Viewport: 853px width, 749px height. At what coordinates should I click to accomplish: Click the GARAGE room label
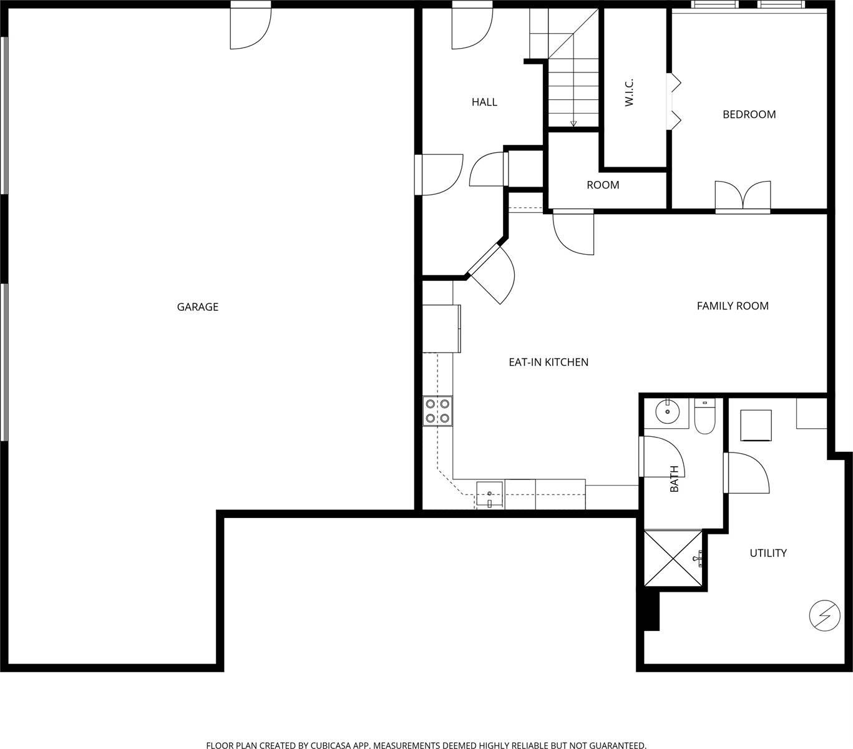pyautogui.click(x=197, y=306)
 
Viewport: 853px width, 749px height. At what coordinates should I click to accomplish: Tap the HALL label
pyautogui.click(x=484, y=102)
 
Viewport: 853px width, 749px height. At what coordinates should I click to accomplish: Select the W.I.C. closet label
pyautogui.click(x=629, y=92)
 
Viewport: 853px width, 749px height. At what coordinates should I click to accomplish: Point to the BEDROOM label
pyautogui.click(x=749, y=114)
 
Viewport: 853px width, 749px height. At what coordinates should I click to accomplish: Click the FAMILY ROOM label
pyautogui.click(x=732, y=306)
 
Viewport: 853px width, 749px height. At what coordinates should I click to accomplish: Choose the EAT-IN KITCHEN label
pyautogui.click(x=548, y=362)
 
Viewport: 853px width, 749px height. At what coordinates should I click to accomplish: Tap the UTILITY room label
pyautogui.click(x=768, y=553)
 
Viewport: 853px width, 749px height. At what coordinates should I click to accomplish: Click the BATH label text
pyautogui.click(x=674, y=479)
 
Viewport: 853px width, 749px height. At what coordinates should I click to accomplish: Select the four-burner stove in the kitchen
pyautogui.click(x=437, y=411)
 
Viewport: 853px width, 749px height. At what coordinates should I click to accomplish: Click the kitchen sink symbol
pyautogui.click(x=490, y=494)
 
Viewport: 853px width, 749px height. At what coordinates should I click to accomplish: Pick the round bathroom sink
pyautogui.click(x=668, y=411)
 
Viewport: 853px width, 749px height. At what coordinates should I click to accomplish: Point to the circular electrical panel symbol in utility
pyautogui.click(x=824, y=616)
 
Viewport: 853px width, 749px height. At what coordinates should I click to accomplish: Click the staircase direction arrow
pyautogui.click(x=573, y=122)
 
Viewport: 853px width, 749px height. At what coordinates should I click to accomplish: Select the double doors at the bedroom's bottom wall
pyautogui.click(x=743, y=196)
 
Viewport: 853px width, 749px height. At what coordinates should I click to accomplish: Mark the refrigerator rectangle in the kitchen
pyautogui.click(x=441, y=328)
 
